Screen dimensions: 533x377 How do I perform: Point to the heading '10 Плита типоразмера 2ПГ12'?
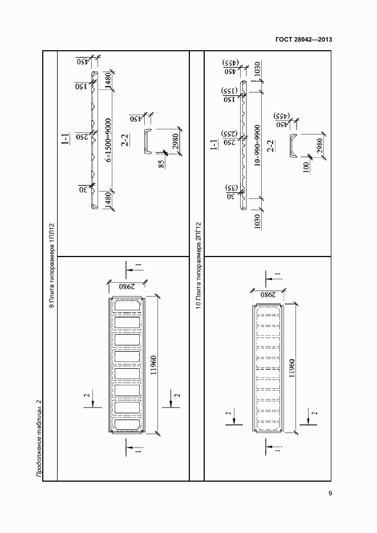click(x=198, y=265)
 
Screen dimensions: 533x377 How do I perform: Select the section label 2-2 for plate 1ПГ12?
click(x=125, y=140)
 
